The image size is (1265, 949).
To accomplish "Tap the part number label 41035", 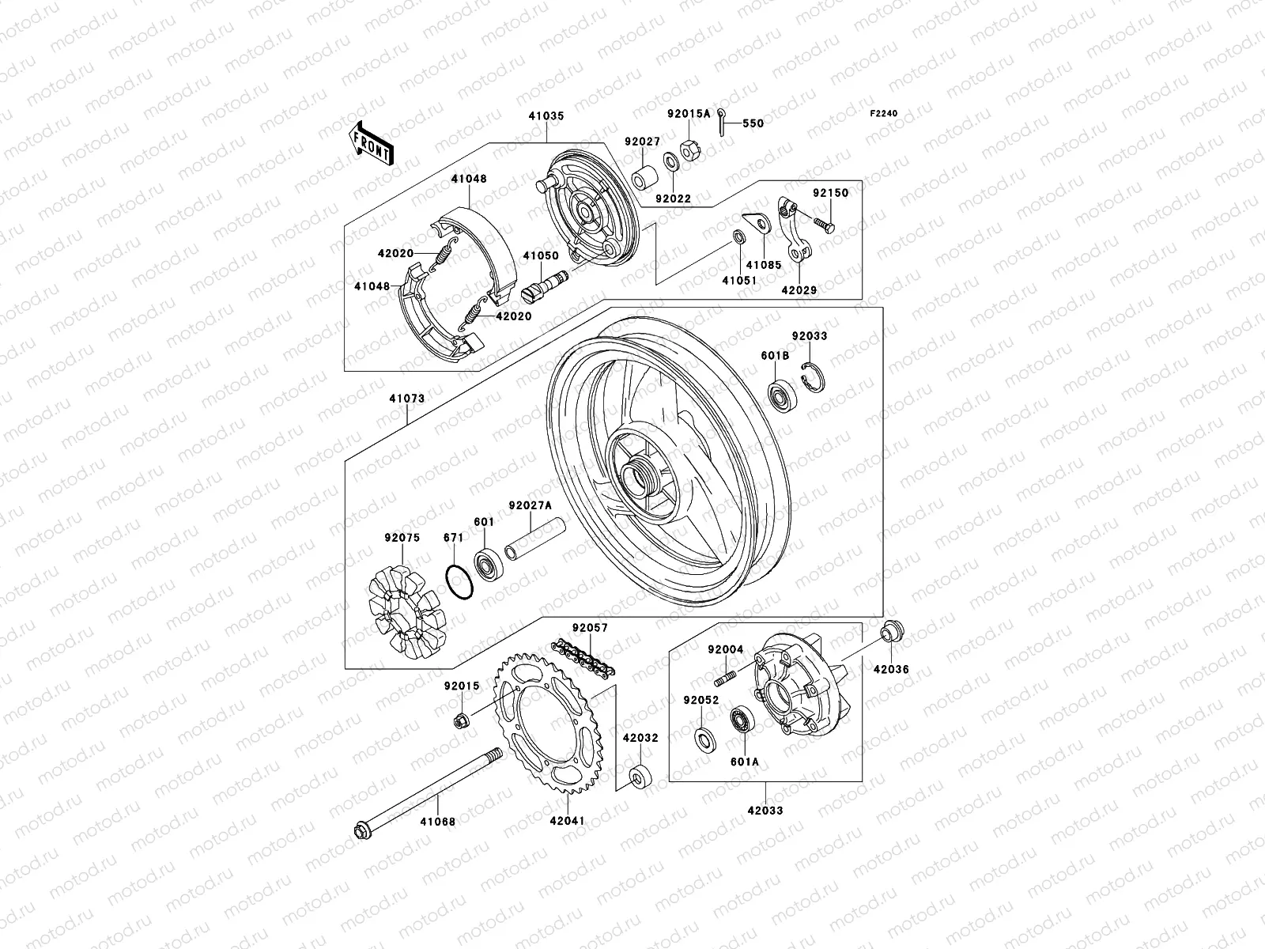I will [546, 116].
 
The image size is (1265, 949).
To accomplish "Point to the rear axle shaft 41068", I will [426, 791].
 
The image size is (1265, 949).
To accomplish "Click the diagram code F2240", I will [884, 114].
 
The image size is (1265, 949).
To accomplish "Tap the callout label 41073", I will [406, 399].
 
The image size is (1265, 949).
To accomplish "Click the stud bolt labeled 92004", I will [726, 678].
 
